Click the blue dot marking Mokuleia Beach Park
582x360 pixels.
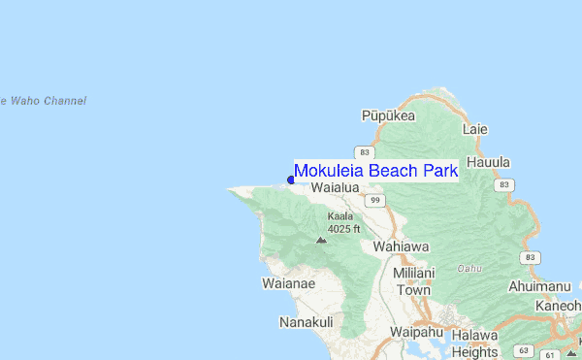click(291, 179)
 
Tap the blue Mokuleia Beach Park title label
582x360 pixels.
click(375, 171)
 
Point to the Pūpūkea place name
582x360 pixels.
click(388, 115)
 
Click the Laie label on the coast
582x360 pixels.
click(475, 129)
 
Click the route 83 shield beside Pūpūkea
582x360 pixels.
click(364, 152)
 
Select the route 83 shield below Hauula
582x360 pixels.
click(502, 184)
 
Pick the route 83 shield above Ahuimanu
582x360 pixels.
click(528, 257)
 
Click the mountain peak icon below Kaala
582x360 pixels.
click(321, 239)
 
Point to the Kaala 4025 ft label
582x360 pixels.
click(343, 222)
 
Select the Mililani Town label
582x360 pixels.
click(412, 281)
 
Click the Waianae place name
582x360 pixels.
click(288, 283)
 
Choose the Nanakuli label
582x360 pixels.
click(306, 322)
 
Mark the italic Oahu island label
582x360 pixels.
click(470, 268)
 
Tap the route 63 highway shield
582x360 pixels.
click(524, 349)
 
